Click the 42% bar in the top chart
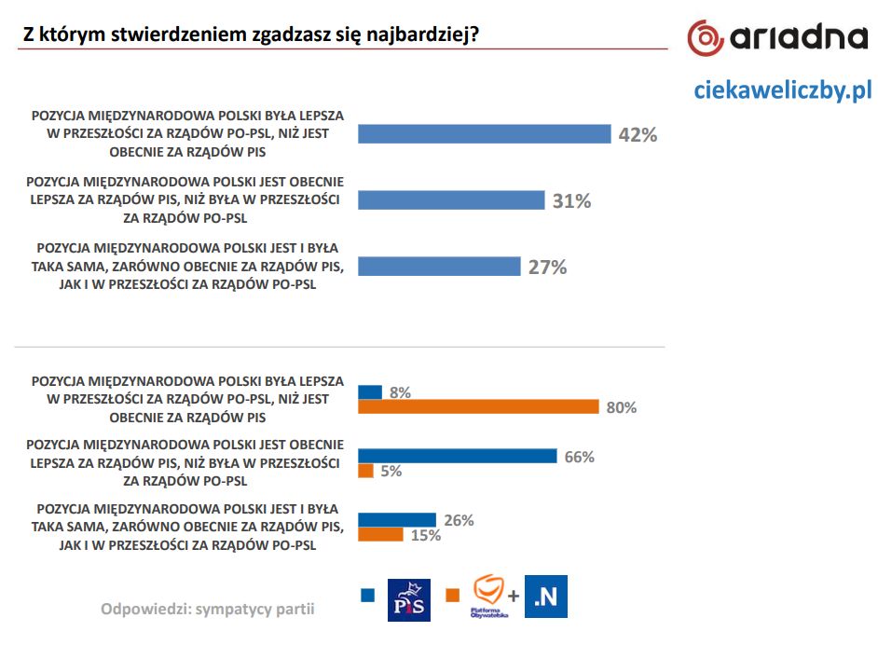(x=484, y=134)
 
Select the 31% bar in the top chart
(x=451, y=200)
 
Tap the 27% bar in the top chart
(x=439, y=267)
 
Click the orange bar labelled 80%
(x=478, y=407)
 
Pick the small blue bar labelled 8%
(x=370, y=392)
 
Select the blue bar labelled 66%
(x=457, y=457)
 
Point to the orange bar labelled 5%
(x=365, y=472)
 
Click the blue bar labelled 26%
(x=397, y=520)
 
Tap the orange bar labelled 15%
(x=380, y=535)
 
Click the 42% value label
(x=638, y=135)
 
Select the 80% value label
(x=621, y=407)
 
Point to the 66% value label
(x=579, y=457)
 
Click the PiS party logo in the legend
(x=409, y=598)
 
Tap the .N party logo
(x=545, y=597)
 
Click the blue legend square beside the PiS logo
(x=368, y=594)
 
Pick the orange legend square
(x=453, y=594)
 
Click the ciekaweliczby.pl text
(x=782, y=89)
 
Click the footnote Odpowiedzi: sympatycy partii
(x=208, y=610)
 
